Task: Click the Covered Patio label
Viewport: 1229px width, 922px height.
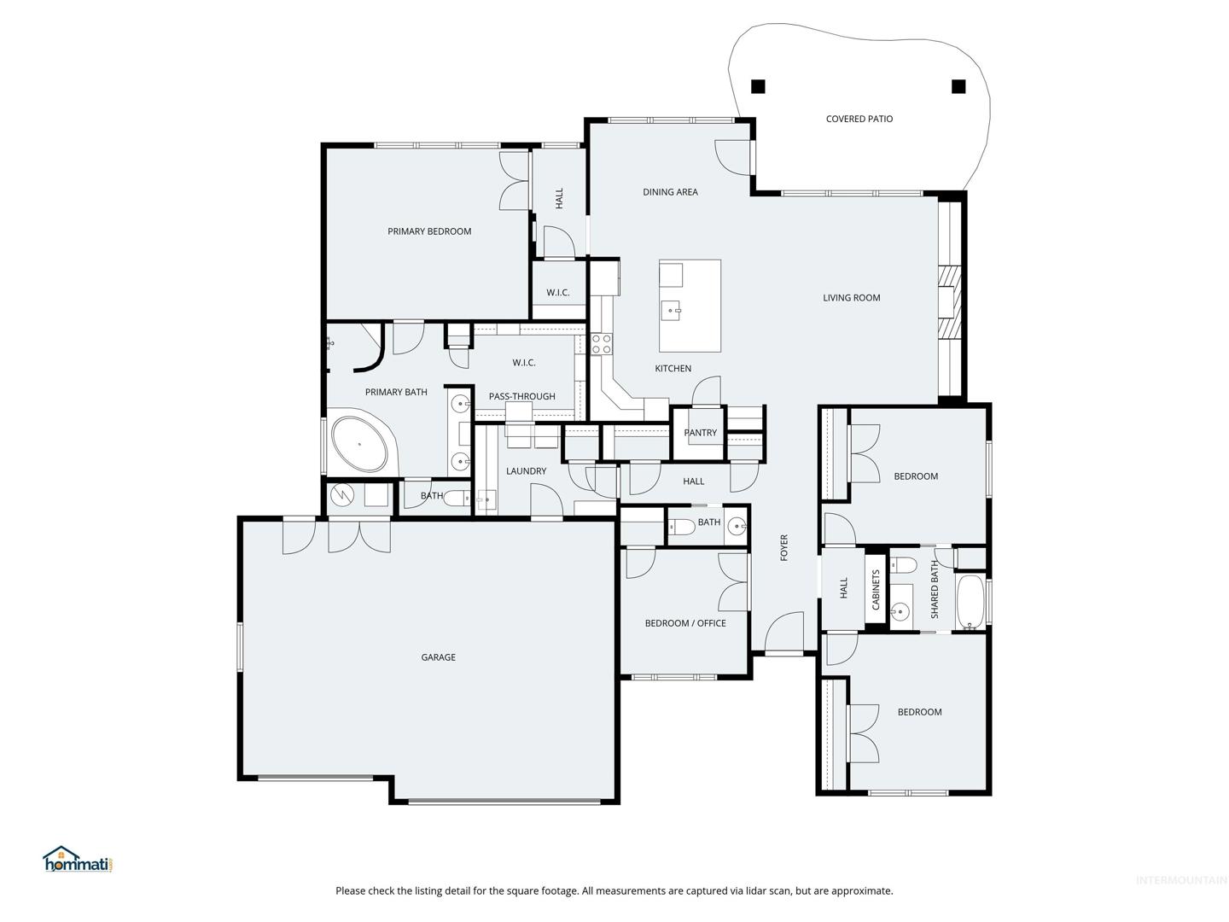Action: (x=859, y=119)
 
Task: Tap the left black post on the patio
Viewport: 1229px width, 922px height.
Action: (x=758, y=87)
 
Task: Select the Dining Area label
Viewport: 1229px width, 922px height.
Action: (x=670, y=192)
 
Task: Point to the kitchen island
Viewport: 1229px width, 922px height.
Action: (x=690, y=306)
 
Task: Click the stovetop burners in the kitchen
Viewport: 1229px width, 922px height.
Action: (x=602, y=344)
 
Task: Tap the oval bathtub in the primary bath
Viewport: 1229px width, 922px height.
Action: (x=359, y=444)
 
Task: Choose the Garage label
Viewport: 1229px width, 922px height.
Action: (x=438, y=657)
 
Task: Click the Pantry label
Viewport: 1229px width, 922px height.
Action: (x=700, y=432)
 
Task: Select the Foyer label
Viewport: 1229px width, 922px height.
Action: (x=783, y=547)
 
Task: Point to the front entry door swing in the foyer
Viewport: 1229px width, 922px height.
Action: (x=783, y=631)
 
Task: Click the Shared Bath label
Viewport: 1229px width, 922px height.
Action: (x=934, y=589)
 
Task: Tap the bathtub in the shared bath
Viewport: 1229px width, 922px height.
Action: (x=970, y=602)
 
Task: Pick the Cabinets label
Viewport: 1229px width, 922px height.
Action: (x=876, y=589)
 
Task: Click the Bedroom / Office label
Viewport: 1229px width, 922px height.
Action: (x=685, y=623)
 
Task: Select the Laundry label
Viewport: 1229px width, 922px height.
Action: (x=526, y=470)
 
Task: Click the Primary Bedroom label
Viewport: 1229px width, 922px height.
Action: (x=429, y=231)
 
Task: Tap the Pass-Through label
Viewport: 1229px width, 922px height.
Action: (x=521, y=396)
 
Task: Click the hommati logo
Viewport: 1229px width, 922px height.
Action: (x=79, y=860)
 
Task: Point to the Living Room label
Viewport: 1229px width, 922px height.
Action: (x=851, y=298)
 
